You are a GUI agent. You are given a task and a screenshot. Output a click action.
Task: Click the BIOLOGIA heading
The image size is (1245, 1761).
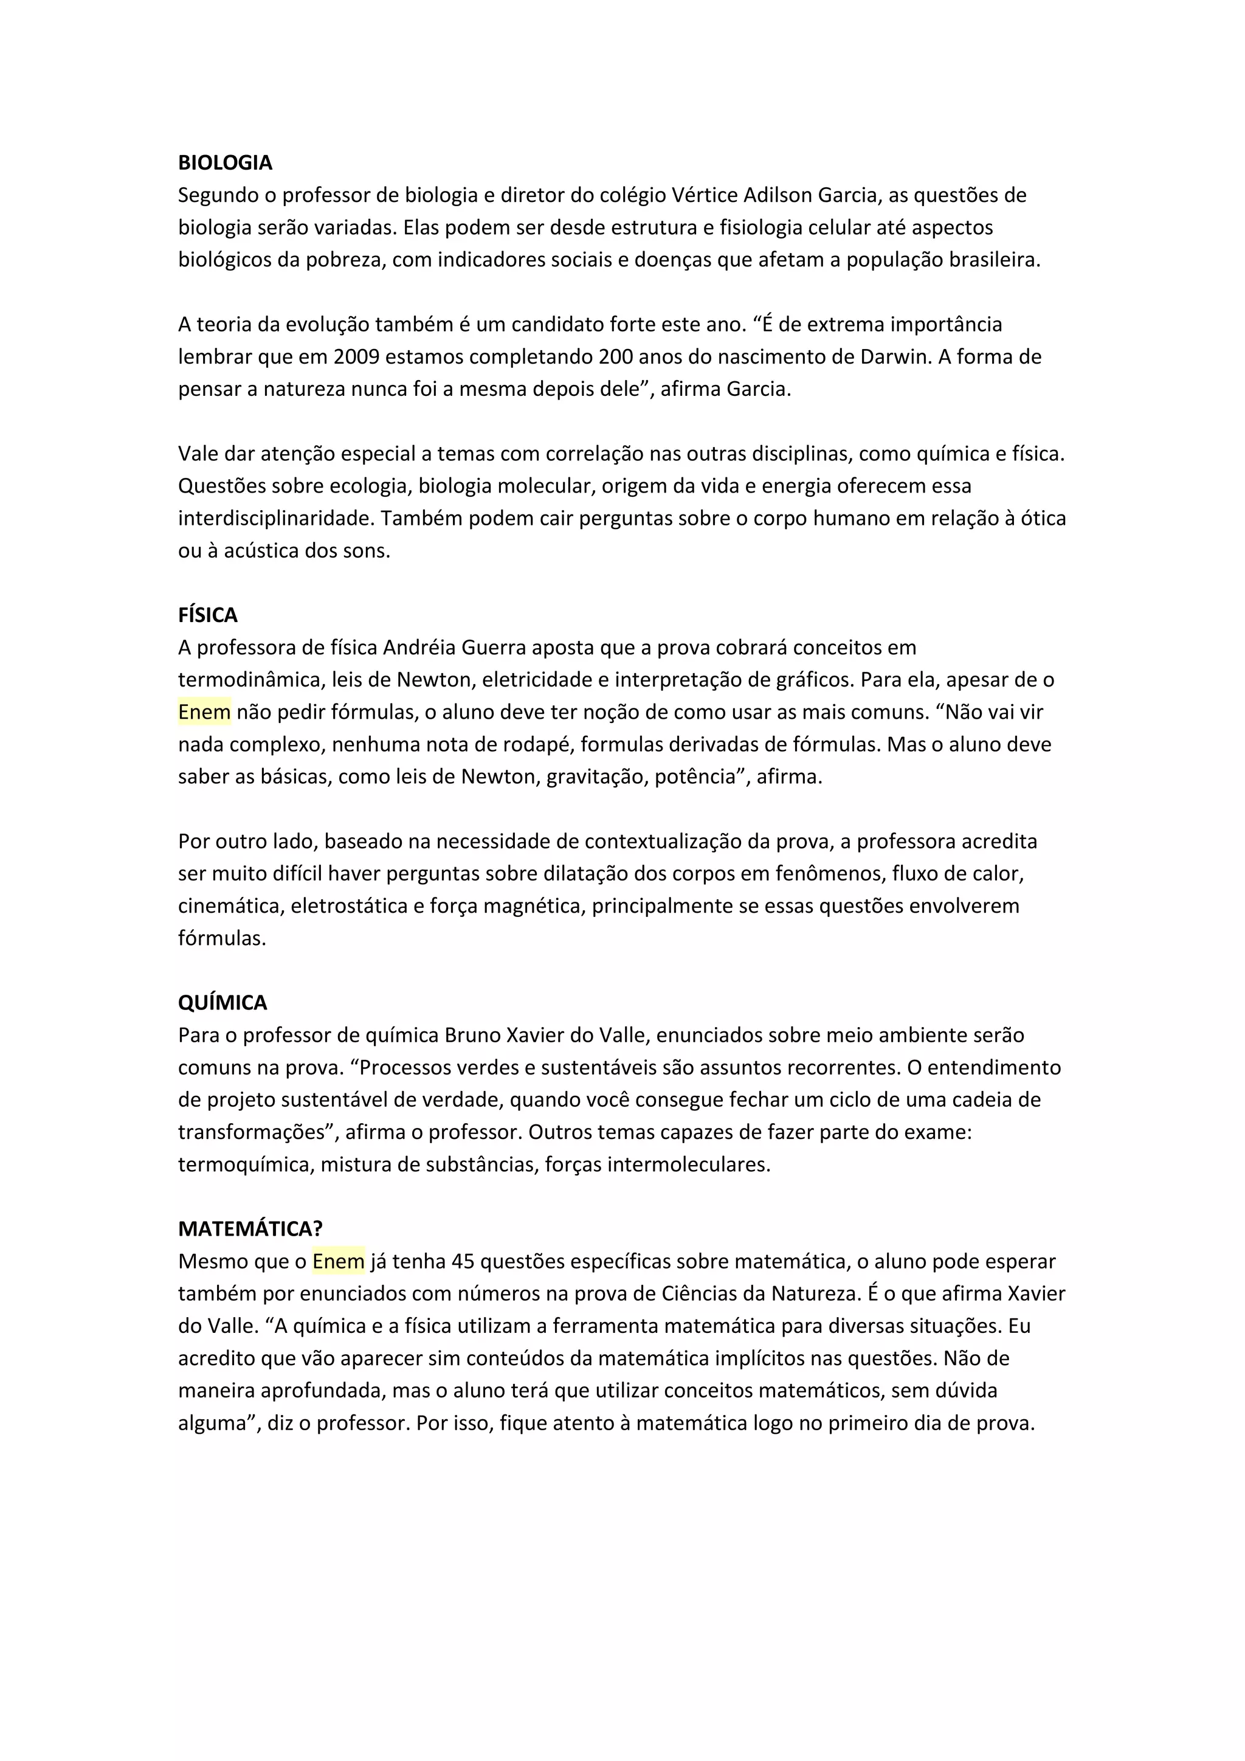pyautogui.click(x=224, y=162)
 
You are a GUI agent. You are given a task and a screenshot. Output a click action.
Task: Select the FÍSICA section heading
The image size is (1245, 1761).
pyautogui.click(x=208, y=615)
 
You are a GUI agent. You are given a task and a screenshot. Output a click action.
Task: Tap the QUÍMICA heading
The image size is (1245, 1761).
pyautogui.click(x=222, y=1003)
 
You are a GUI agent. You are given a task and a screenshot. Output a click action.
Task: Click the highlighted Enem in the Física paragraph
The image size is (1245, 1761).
pyautogui.click(x=204, y=713)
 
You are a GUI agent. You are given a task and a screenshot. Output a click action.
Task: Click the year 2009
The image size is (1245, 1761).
pyautogui.click(x=358, y=357)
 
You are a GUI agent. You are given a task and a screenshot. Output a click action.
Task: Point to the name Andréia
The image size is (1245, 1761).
pyautogui.click(x=419, y=648)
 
